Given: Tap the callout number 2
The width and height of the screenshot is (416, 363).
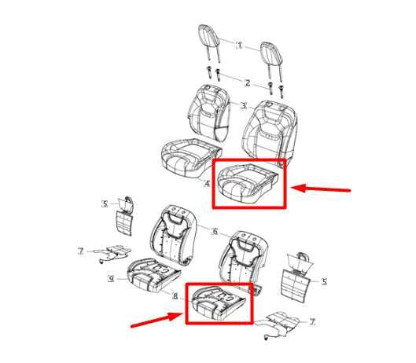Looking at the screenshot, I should tap(246, 82).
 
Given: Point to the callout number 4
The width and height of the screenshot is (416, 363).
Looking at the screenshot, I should tap(206, 184).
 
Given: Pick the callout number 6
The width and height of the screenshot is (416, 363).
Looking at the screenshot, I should tap(214, 231).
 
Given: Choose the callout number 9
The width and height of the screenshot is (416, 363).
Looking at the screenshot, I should tap(111, 278).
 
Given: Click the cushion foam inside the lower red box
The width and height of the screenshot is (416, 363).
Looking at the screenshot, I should tap(219, 302).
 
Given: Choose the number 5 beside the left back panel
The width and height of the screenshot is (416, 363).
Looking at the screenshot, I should tap(104, 204).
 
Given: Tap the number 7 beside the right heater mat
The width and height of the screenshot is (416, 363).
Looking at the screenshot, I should tap(312, 322).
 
